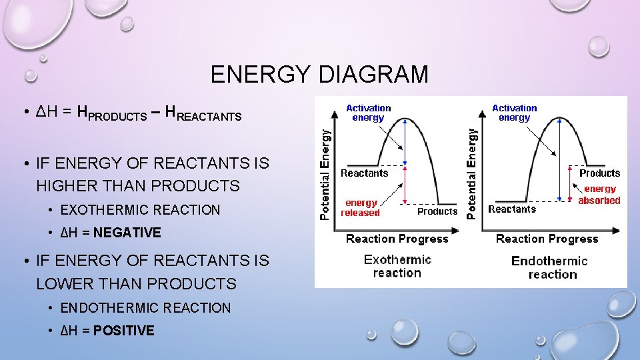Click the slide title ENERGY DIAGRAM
319,75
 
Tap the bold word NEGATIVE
127,233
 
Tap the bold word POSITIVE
124,331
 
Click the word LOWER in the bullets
62,284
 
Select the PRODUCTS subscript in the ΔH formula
117,117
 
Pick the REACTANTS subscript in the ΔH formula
209,117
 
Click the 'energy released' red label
360,208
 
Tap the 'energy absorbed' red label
599,195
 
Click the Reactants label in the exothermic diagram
364,173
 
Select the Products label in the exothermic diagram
437,211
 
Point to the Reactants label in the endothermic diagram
512,209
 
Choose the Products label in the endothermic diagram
599,173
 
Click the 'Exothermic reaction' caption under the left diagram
397,266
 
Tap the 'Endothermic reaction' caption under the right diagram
549,267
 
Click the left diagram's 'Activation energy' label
369,113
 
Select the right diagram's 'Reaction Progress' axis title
547,239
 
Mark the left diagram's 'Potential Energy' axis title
325,174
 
